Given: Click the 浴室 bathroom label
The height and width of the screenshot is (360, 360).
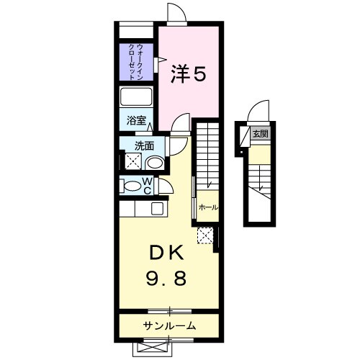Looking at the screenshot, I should tap(137, 121).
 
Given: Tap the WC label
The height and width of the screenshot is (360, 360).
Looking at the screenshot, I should tap(146, 186).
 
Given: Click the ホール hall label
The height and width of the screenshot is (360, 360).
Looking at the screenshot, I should tap(208, 207).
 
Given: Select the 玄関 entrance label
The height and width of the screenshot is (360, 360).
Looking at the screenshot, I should tap(260, 134).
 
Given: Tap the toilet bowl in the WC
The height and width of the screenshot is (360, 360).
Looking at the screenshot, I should tap(132, 186).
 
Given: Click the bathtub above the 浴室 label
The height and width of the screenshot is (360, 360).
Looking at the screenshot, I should tap(137, 98).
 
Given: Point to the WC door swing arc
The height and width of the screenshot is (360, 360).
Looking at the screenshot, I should tap(166, 186).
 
